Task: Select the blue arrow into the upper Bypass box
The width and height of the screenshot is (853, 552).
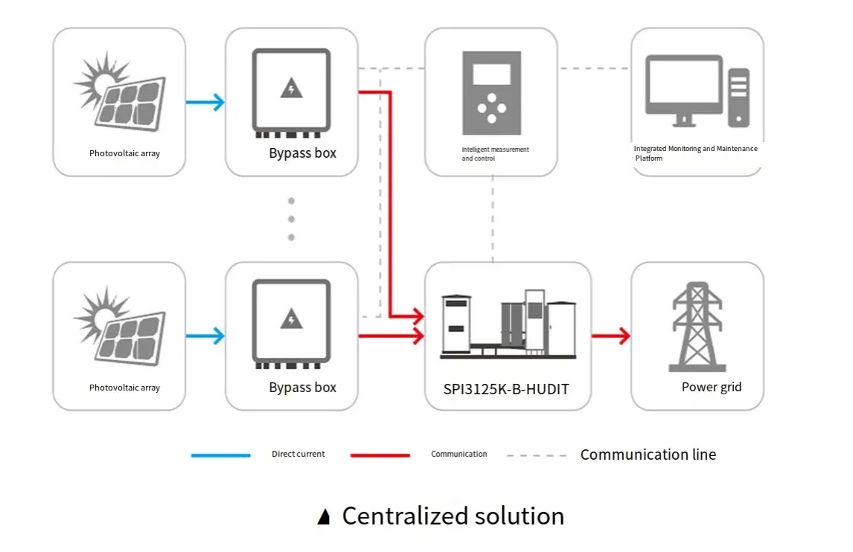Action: (205, 102)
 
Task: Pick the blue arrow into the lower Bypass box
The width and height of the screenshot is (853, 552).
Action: (205, 336)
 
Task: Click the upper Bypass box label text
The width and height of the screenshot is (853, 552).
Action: (302, 153)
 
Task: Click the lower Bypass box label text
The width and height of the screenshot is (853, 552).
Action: (302, 388)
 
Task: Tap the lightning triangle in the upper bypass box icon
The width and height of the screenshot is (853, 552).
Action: (291, 89)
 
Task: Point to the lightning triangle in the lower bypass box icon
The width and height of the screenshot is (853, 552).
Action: (291, 321)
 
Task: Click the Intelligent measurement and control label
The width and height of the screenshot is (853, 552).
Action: (495, 154)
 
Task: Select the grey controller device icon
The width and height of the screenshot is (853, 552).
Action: (491, 93)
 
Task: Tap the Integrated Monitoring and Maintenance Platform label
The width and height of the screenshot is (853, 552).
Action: (695, 153)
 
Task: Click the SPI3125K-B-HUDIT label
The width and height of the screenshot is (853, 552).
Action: (506, 388)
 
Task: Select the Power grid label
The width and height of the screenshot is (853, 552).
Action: (712, 387)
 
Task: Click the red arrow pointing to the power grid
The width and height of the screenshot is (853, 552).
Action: (611, 336)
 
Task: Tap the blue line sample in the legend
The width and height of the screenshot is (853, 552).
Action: (220, 455)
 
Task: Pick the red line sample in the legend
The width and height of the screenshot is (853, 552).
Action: (380, 455)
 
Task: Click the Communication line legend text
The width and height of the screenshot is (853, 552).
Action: (648, 455)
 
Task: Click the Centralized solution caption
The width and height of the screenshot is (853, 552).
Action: (453, 516)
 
